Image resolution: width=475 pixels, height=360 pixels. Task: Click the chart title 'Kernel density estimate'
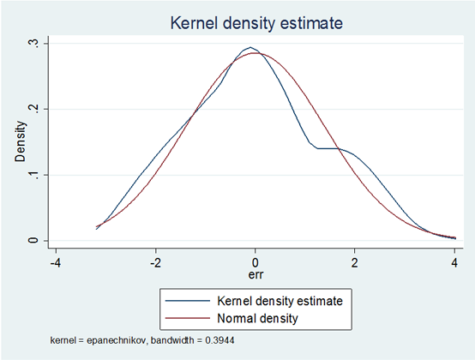256,23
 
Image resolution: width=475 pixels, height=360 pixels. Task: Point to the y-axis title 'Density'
21,141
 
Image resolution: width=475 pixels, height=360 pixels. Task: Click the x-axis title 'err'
256,275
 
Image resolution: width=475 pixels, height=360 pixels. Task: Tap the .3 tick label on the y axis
33,44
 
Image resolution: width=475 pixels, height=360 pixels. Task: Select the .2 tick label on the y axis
33,109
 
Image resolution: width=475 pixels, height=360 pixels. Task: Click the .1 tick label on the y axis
33,175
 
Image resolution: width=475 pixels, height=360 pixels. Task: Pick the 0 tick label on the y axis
33,240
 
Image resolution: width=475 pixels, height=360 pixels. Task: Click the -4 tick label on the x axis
56,263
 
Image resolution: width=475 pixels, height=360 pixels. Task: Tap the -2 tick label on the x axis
155,263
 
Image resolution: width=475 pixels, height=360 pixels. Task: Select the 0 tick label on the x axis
255,263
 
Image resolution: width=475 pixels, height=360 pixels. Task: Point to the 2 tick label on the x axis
354,263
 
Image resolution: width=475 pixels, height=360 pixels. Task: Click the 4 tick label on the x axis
454,263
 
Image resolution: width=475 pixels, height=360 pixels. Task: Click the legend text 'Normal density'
257,318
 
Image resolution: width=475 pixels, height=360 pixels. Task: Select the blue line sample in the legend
188,301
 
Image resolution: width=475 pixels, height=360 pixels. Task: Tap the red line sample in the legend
188,318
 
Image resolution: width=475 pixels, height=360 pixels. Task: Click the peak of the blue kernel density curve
250,47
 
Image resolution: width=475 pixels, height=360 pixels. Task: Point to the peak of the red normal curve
256,53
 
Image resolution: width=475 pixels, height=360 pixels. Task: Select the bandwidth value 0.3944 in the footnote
220,340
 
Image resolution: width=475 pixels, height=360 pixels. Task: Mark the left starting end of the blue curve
96,229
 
